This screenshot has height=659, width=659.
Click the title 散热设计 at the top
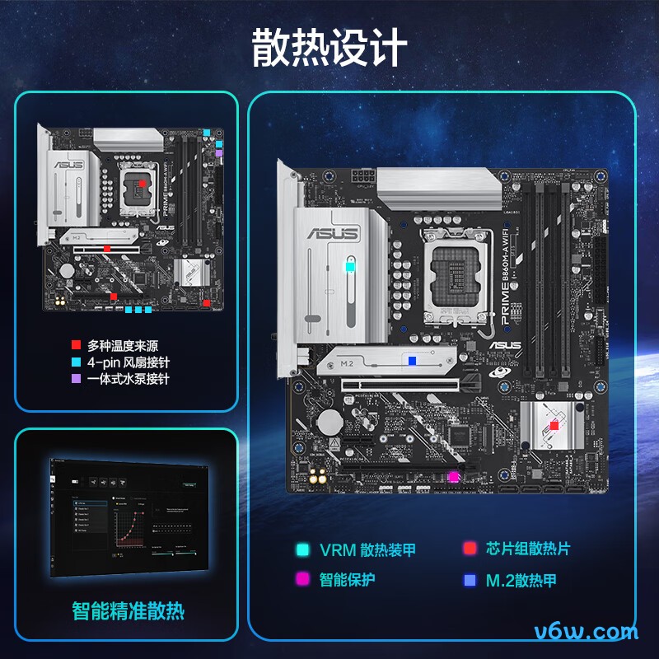coord(329,48)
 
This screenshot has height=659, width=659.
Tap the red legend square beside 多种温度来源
coord(76,345)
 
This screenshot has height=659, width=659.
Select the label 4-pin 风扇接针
coord(128,362)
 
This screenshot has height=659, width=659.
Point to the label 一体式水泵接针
coord(128,379)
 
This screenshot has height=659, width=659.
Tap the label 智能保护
coord(347,579)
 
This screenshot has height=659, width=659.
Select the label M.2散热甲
coord(521,580)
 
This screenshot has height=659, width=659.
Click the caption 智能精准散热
coord(128,610)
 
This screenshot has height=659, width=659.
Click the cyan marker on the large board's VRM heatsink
coord(351,267)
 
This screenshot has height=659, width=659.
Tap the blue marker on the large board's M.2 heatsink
coord(412,360)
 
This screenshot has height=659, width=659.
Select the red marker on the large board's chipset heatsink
coord(554,426)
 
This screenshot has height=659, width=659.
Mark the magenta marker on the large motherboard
coord(452,477)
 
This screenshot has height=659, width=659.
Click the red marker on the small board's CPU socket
coord(141,183)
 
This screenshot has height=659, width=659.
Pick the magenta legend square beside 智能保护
coord(303,579)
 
